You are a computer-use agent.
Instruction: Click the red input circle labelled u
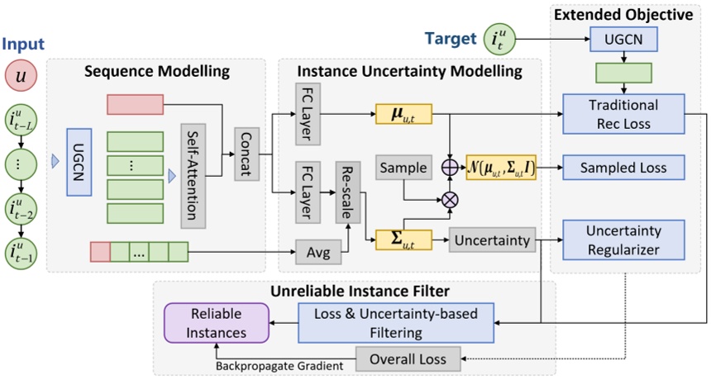[21, 75]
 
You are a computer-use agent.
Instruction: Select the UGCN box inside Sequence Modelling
[79, 162]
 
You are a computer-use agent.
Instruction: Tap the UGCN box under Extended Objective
[623, 40]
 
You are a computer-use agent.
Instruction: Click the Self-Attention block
[193, 176]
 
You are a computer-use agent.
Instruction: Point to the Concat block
[246, 154]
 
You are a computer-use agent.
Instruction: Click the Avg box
[318, 252]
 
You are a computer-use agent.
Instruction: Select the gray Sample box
[403, 168]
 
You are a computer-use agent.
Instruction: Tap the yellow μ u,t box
[403, 114]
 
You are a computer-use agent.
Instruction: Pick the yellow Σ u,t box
[403, 240]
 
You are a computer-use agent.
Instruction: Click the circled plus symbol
[450, 168]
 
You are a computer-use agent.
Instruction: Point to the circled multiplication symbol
[450, 200]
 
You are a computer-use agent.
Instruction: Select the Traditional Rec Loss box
[623, 114]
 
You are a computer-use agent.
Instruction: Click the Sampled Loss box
[623, 168]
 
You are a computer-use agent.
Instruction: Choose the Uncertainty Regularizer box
[623, 240]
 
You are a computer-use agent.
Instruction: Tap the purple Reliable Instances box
[217, 323]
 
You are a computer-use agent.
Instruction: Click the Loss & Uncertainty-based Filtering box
[396, 323]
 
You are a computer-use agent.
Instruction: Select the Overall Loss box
[408, 359]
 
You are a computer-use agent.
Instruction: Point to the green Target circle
[499, 40]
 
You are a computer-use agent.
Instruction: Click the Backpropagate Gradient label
[279, 366]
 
